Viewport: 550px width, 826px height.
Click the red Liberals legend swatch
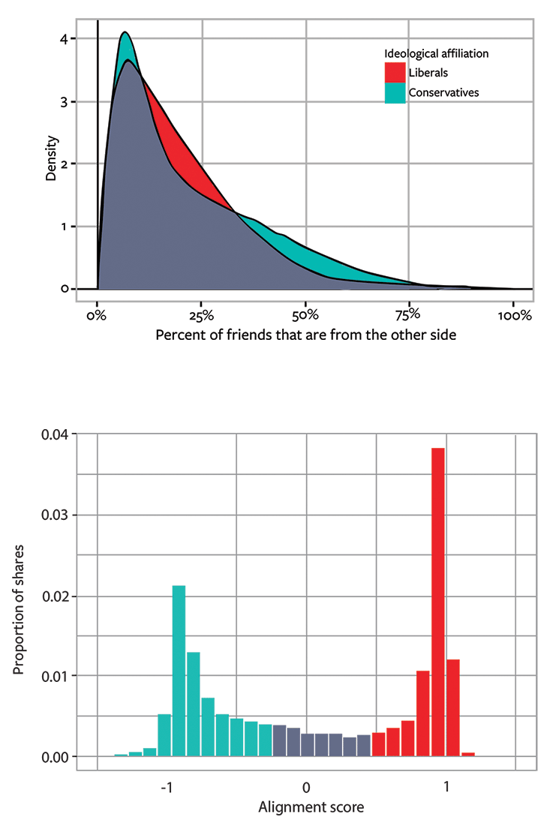(x=395, y=73)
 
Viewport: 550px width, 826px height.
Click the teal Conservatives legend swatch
(x=395, y=92)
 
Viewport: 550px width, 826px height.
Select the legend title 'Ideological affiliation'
(x=436, y=54)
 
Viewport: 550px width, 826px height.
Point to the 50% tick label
(x=306, y=315)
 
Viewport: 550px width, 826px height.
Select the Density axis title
(x=50, y=163)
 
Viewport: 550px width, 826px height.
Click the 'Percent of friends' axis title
(x=305, y=335)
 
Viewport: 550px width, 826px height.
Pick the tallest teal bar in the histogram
(x=179, y=671)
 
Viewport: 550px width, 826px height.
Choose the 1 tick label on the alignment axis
(x=446, y=789)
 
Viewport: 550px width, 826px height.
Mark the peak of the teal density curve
(x=125, y=33)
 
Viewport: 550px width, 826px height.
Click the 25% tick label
(x=202, y=315)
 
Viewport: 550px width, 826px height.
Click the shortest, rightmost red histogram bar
(x=467, y=754)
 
